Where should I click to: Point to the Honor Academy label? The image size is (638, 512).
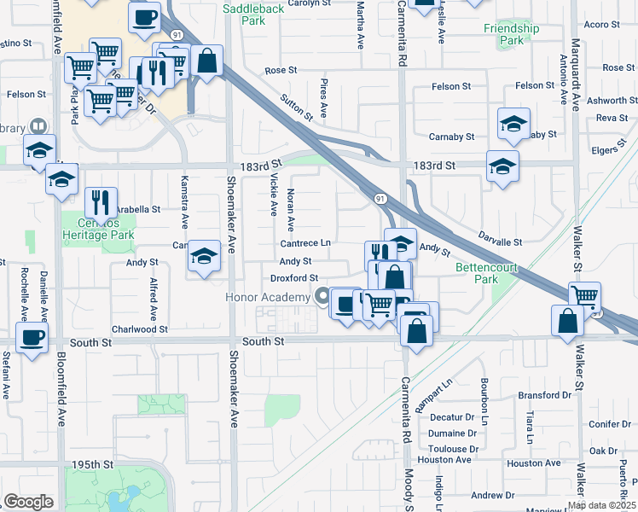coord(267,297)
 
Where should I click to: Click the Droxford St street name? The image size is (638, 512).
coord(293,277)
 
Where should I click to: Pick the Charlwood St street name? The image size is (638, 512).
coord(140,329)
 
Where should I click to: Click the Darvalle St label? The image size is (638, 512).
coord(500,241)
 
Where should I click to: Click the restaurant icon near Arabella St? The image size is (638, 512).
coord(101,202)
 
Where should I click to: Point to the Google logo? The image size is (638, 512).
coord(28,502)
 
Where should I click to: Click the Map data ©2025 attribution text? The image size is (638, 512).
coord(601,505)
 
